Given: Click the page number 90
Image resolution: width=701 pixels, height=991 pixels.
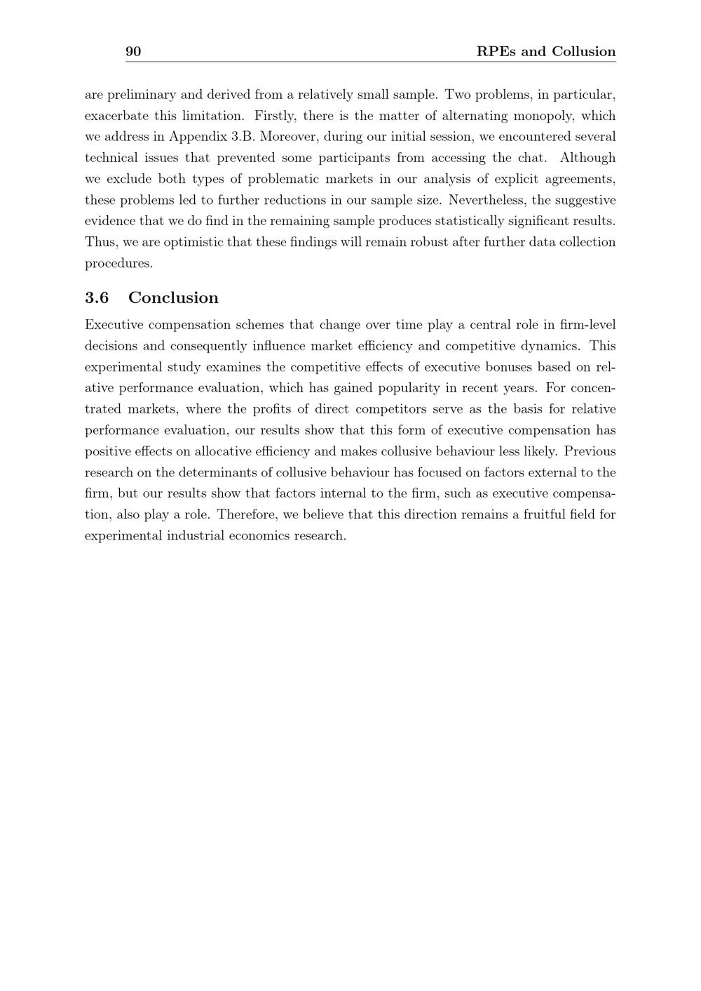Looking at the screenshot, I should coord(133,51).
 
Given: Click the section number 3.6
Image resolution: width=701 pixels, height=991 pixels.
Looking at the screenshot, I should coord(97,298).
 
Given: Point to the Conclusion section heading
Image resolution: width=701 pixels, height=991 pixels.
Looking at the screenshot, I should coord(173,298).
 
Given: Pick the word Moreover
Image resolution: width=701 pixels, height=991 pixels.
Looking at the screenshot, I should coord(288,137).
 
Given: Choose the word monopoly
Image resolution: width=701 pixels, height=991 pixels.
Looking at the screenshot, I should coord(540,116).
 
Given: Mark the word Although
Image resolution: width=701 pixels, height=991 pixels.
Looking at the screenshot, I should coord(587,158).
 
